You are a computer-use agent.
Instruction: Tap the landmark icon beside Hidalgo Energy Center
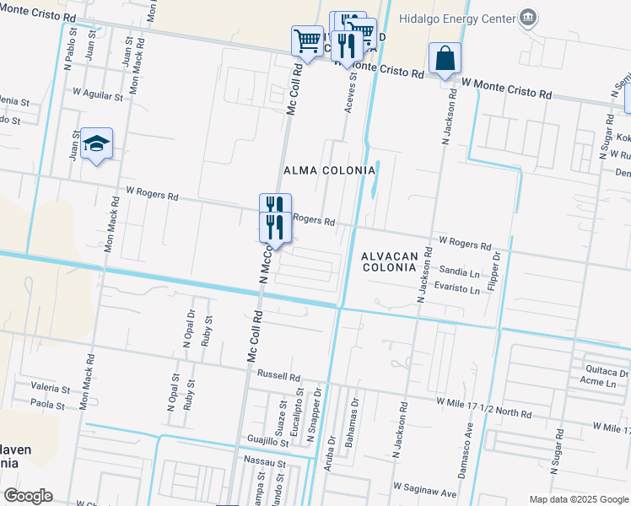click(x=528, y=17)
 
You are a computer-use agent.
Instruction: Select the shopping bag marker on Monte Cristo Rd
click(x=445, y=59)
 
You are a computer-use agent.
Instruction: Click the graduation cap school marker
click(x=97, y=144)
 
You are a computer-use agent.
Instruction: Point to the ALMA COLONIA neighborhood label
click(x=329, y=170)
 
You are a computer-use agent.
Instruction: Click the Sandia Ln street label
click(x=460, y=272)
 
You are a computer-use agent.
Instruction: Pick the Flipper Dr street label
click(x=497, y=266)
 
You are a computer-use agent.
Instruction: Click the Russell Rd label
click(x=279, y=377)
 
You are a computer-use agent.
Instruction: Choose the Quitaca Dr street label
click(x=606, y=371)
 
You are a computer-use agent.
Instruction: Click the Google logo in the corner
click(x=28, y=496)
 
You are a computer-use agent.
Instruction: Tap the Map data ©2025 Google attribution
click(x=579, y=499)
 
